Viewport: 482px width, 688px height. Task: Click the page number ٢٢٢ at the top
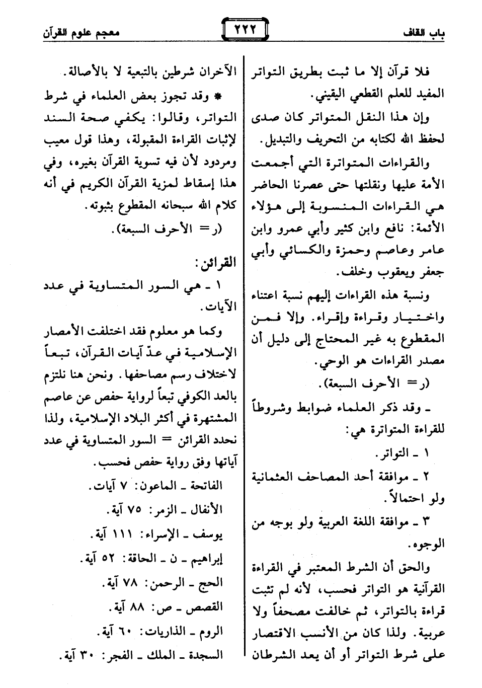click(x=244, y=28)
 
